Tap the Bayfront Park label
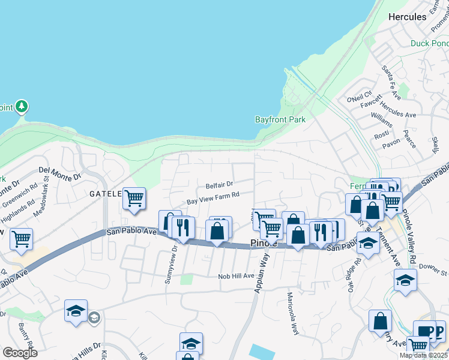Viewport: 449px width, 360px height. pyautogui.click(x=280, y=119)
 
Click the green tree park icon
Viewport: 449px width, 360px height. pyautogui.click(x=22, y=107)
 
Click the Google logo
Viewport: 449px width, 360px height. pyautogui.click(x=20, y=353)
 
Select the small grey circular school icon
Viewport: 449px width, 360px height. pyautogui.click(x=94, y=317)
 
